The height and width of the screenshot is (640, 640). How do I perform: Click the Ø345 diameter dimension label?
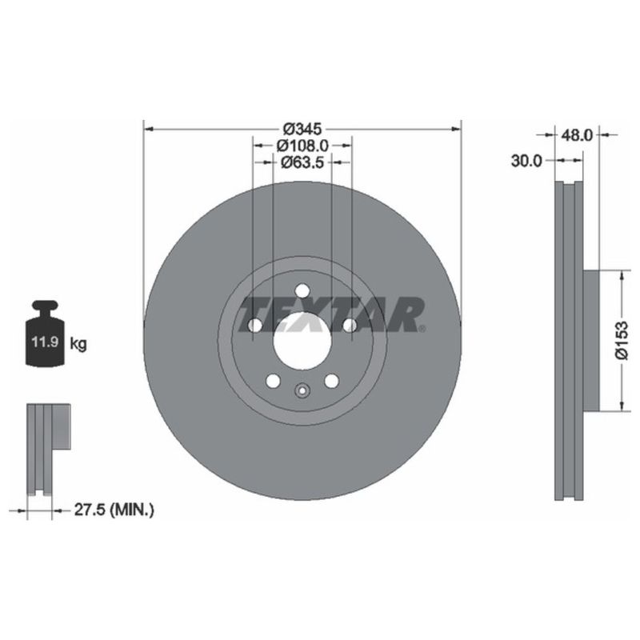[302, 128]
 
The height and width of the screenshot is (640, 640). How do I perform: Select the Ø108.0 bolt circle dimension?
[302, 146]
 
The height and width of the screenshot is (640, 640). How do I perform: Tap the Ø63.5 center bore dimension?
[302, 162]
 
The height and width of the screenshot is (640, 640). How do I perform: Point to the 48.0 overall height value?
[576, 136]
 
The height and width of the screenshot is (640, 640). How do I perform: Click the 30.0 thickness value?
[526, 161]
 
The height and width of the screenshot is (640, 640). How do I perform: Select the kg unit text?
[78, 345]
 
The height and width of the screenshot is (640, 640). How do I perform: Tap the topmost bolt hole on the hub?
[302, 293]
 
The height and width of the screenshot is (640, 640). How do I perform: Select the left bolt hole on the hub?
[255, 326]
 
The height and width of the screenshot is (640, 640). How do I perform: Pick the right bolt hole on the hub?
[349, 325]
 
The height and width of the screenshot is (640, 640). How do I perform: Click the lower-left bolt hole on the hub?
[273, 381]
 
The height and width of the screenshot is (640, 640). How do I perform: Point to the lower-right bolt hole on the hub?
[330, 381]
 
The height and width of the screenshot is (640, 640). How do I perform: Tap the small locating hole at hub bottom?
[302, 391]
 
